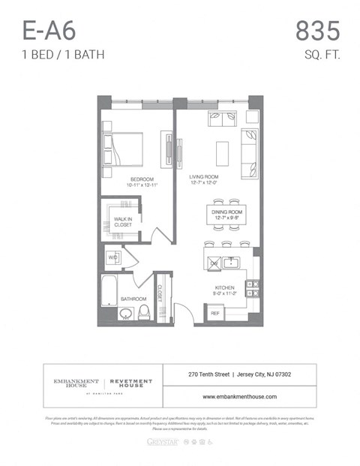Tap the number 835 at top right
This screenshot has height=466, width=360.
(317, 32)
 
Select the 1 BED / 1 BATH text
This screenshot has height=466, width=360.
(63, 54)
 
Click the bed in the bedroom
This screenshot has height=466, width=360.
(123, 149)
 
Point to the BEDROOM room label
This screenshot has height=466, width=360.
(142, 179)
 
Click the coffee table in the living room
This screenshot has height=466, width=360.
(223, 153)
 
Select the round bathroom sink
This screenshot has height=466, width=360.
(124, 314)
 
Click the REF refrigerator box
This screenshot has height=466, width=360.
(214, 313)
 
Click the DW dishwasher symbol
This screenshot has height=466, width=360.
(214, 263)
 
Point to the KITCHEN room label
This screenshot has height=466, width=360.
(225, 288)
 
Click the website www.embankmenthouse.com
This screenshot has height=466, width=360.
(239, 396)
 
